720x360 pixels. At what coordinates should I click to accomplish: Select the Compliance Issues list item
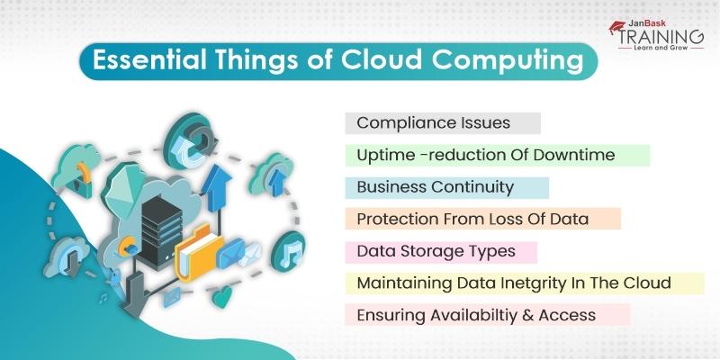[434, 122]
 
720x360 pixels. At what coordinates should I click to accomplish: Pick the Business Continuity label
[435, 187]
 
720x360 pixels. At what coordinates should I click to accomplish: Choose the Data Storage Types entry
[436, 252]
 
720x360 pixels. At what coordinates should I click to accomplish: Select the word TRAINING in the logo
[661, 36]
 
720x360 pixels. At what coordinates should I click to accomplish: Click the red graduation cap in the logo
[617, 27]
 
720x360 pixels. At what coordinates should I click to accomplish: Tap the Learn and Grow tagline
[661, 47]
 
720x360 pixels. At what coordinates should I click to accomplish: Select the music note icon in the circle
[288, 252]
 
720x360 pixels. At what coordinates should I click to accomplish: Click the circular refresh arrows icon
[190, 139]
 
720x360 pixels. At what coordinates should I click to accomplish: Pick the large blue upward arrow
[216, 188]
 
